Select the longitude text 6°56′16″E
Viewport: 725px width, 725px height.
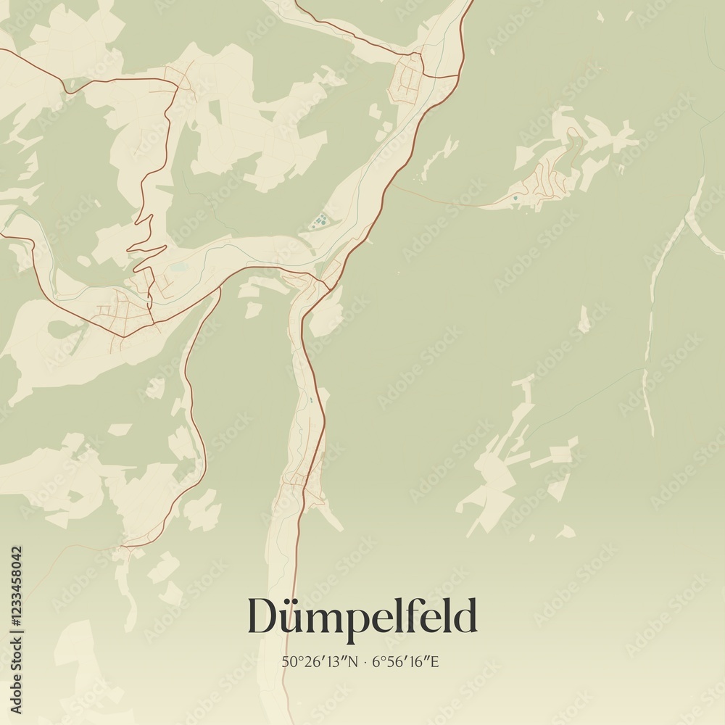(x=406, y=662)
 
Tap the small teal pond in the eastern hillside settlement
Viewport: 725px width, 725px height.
(x=515, y=197)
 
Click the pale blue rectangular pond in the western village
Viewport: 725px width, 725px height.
(x=178, y=268)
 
